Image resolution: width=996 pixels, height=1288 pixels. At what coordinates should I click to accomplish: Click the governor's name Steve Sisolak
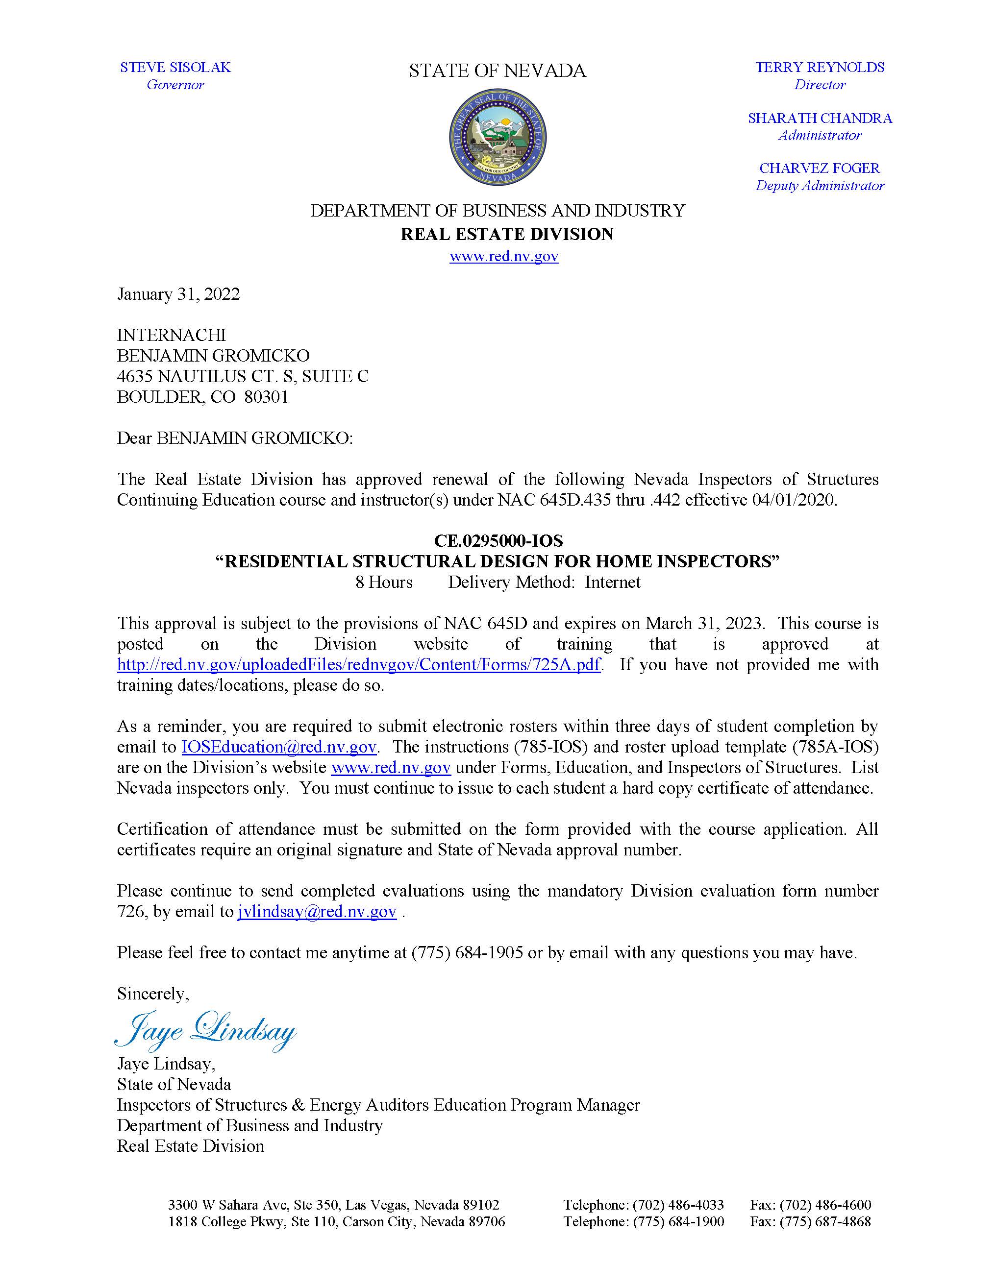(x=175, y=67)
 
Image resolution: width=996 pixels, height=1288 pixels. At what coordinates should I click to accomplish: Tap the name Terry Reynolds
(x=820, y=67)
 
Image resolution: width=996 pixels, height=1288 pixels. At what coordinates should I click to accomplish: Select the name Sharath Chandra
(x=820, y=118)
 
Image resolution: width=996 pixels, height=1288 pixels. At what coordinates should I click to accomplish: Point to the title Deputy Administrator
(x=820, y=186)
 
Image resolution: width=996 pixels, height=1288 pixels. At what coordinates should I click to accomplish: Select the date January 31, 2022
(x=178, y=294)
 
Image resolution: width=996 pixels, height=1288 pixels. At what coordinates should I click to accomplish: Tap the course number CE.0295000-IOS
(x=498, y=540)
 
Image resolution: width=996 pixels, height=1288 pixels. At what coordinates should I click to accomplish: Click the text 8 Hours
(x=383, y=582)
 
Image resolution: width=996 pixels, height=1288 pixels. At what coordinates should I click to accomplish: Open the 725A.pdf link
(x=359, y=665)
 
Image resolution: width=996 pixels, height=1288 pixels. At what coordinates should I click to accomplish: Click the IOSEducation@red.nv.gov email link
(x=278, y=747)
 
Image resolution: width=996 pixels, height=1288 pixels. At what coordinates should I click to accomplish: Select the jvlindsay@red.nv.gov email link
(x=317, y=912)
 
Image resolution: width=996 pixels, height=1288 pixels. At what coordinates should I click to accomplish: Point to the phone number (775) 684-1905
(x=467, y=952)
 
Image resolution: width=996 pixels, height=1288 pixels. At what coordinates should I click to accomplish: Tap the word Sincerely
(x=153, y=994)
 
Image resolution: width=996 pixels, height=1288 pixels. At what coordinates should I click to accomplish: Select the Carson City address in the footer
(x=336, y=1221)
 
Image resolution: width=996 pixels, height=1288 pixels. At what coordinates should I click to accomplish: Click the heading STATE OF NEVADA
(x=498, y=71)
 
